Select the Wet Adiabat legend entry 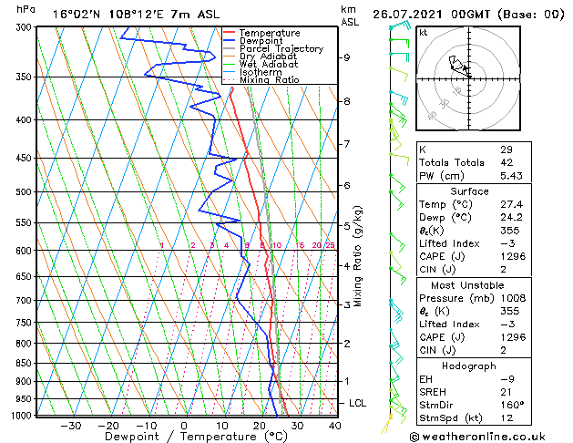[271, 65]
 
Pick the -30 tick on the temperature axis [70, 426]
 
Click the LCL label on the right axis [359, 403]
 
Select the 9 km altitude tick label [347, 57]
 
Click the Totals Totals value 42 [506, 162]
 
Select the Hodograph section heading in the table [469, 366]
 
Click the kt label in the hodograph [424, 32]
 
